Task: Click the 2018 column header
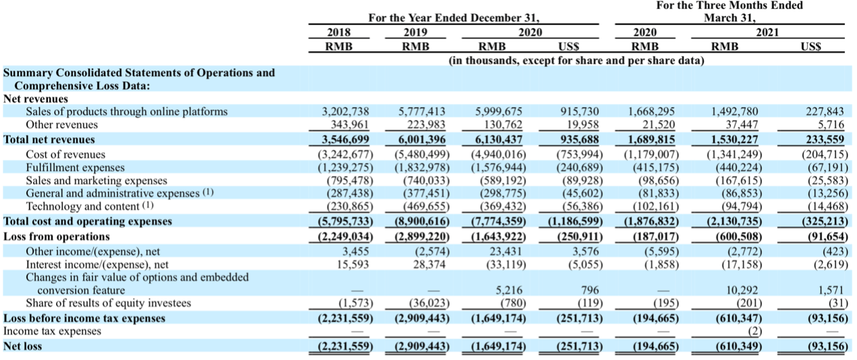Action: tap(338, 32)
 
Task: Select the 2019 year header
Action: tap(415, 32)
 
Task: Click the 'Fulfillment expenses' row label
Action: tap(75, 168)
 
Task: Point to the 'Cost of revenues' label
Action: tap(65, 154)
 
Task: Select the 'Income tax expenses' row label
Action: tap(52, 331)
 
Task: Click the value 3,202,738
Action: tap(345, 111)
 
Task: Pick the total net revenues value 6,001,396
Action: tap(422, 140)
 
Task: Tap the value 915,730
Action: tap(580, 111)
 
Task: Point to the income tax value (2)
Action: tap(755, 331)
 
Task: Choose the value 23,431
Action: tap(506, 251)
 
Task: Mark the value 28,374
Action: tap(430, 264)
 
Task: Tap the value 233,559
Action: tap(825, 140)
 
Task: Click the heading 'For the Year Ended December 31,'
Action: tap(454, 18)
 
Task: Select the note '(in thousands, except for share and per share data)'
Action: tap(577, 61)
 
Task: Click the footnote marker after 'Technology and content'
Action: tap(148, 205)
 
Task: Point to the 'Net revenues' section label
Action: tap(36, 98)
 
